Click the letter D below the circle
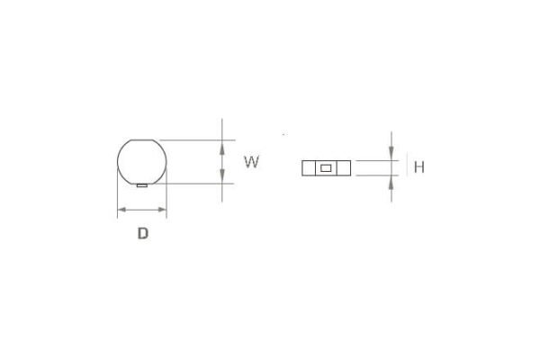143,233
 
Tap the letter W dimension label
251,162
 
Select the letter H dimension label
419,167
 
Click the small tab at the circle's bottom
142,185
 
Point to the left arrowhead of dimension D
121,210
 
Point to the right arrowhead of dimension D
162,210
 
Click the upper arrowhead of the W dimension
222,148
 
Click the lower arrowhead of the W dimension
222,176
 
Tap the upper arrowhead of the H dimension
391,153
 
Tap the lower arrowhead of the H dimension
391,183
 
